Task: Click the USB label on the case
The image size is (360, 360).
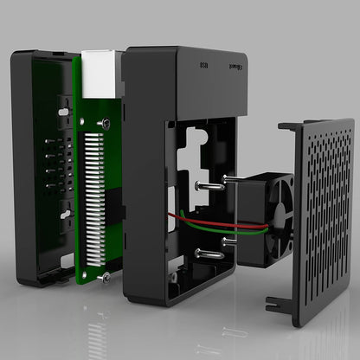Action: (x=204, y=64)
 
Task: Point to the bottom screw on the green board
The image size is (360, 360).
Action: (x=105, y=276)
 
